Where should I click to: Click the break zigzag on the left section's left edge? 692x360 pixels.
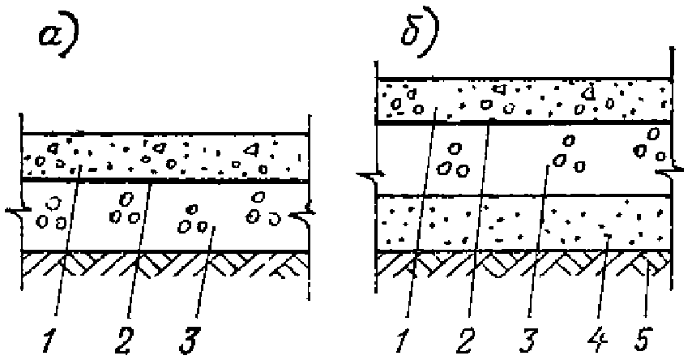15,216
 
